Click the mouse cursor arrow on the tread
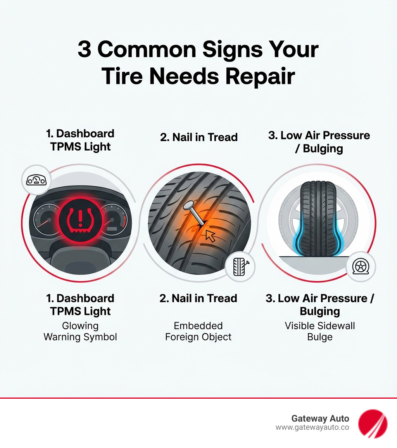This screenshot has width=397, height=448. point(210,235)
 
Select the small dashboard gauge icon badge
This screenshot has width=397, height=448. point(36,180)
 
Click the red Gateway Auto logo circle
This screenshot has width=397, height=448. point(372,423)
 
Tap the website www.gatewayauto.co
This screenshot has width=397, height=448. point(312,427)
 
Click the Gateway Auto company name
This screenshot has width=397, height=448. point(320,418)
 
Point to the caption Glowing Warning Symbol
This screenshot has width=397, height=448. point(80,331)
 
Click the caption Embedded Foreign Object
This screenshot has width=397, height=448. point(198,331)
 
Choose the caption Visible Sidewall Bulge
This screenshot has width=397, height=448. point(320,331)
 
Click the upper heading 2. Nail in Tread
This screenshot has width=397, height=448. point(198,137)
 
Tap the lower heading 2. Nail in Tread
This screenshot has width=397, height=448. point(198,298)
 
